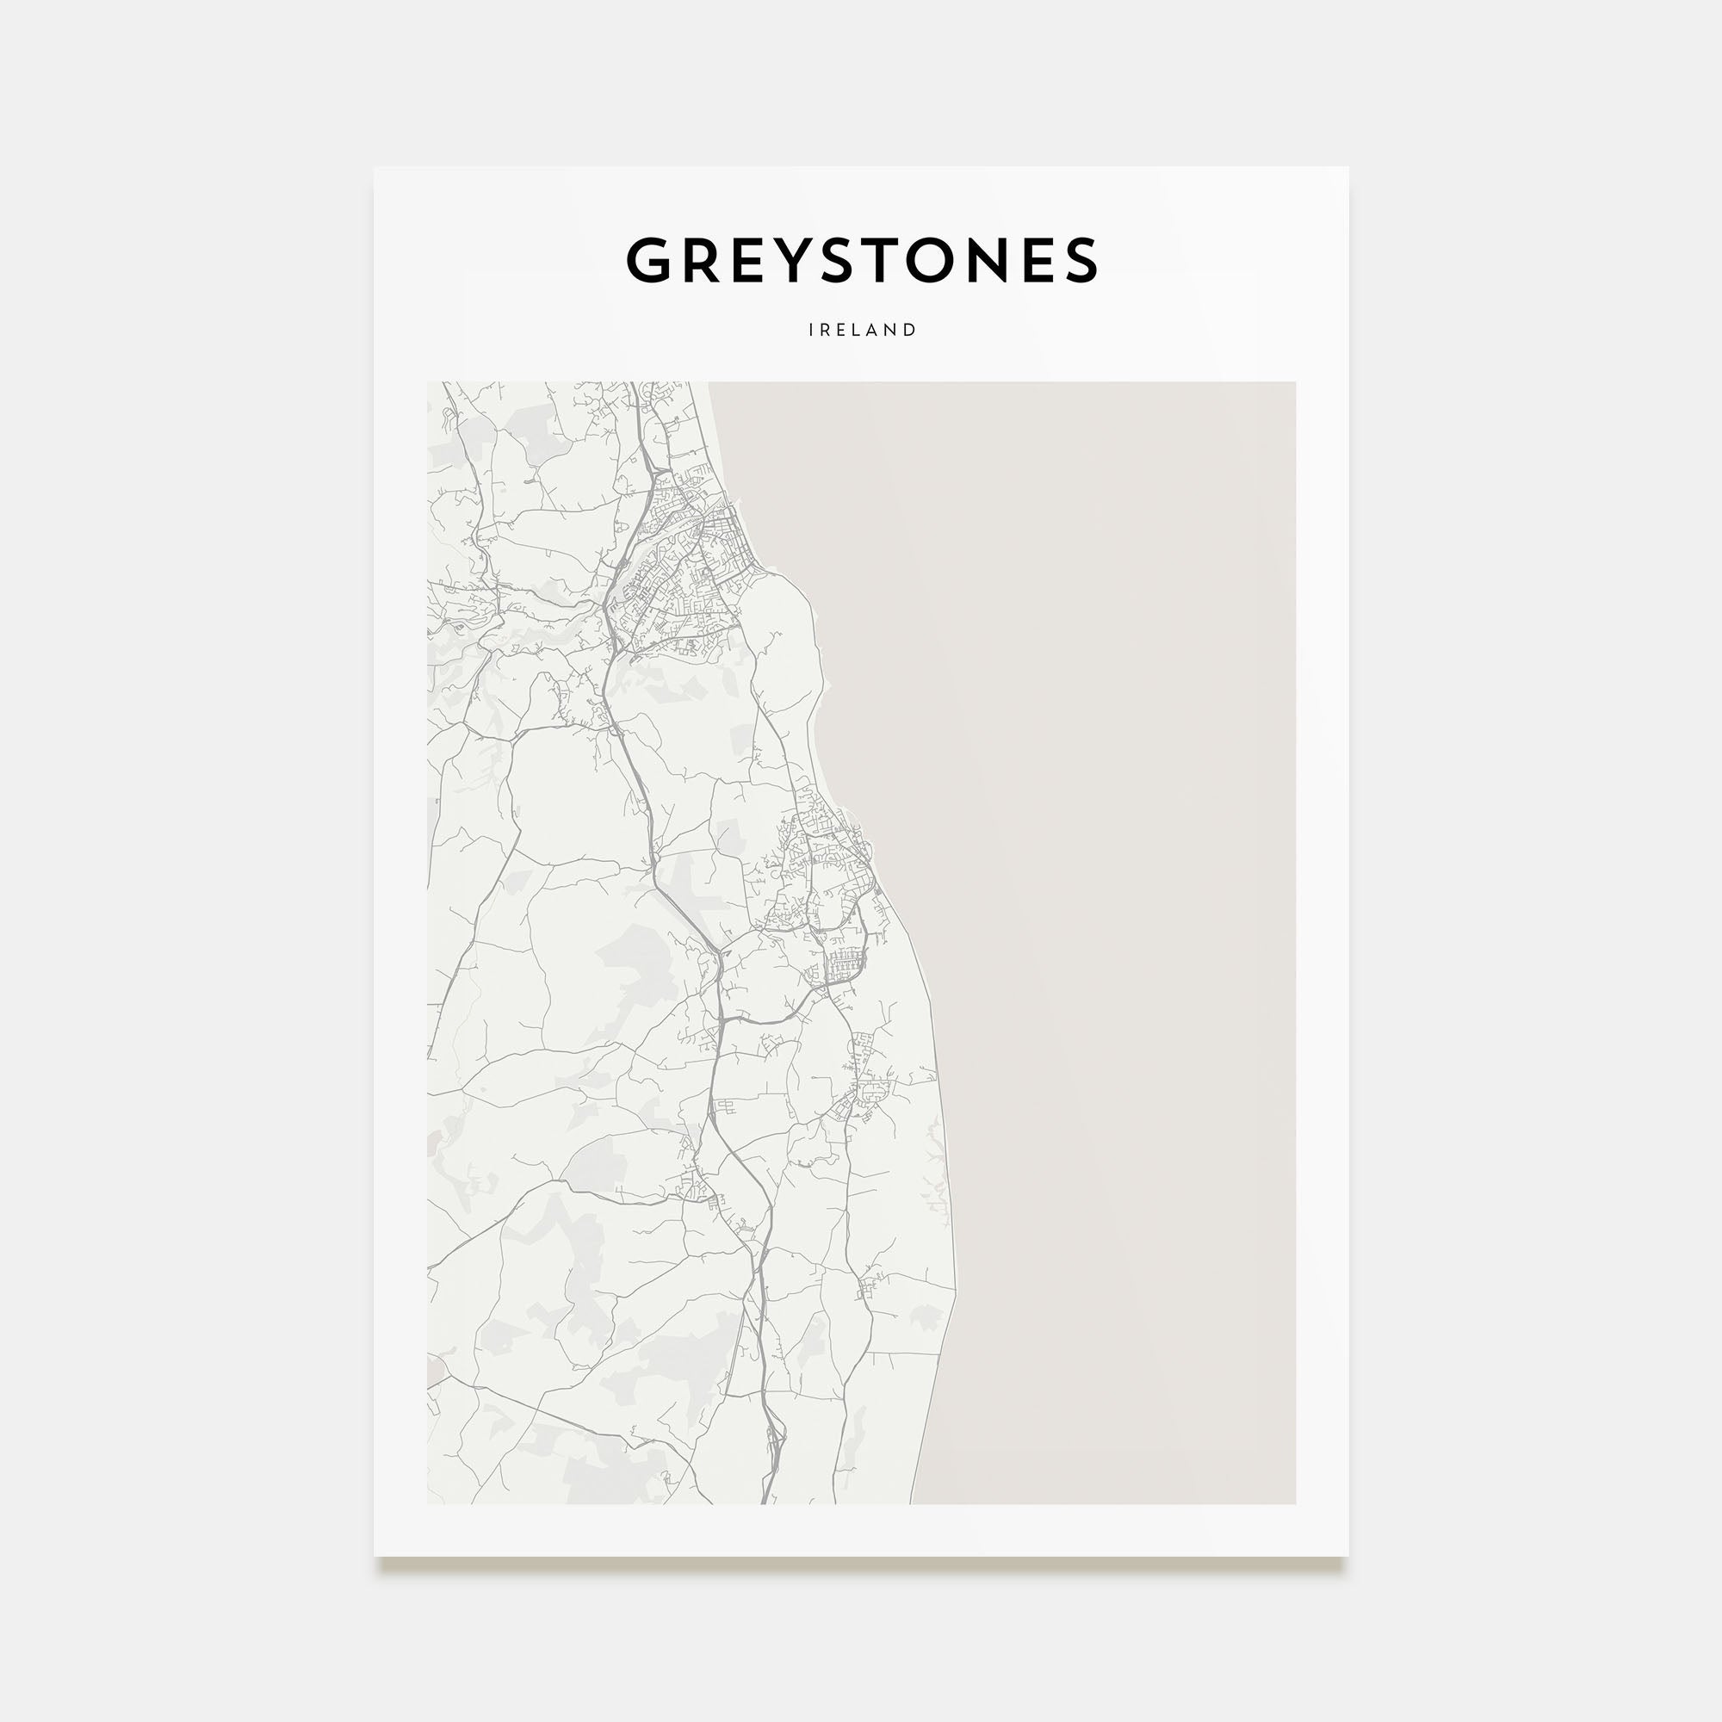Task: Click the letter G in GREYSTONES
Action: click(x=654, y=260)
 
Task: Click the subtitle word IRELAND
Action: click(x=862, y=330)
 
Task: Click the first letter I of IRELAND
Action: click(x=811, y=330)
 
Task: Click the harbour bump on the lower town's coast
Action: click(x=852, y=815)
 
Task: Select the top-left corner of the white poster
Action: click(x=375, y=168)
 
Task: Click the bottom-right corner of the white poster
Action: click(x=1347, y=1556)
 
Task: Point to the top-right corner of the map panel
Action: click(x=1295, y=382)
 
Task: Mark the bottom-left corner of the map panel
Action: click(x=428, y=1503)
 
